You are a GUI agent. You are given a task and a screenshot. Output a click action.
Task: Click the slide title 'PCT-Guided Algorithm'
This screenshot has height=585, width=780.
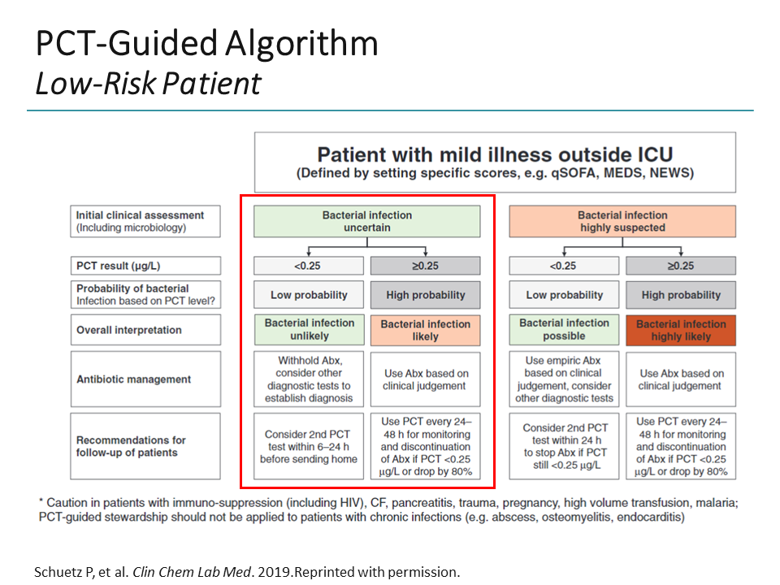[206, 44]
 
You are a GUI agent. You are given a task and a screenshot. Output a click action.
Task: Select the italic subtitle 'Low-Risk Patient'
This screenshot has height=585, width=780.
[147, 83]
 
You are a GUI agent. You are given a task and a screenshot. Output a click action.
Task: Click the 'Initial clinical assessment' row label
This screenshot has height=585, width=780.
[144, 221]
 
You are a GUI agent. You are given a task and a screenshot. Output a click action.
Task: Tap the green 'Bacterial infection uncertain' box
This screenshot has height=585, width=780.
[366, 221]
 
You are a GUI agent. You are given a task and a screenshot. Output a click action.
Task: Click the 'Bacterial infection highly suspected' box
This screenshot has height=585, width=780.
[622, 221]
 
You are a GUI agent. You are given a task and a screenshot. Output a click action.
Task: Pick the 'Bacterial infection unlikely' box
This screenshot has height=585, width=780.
[310, 329]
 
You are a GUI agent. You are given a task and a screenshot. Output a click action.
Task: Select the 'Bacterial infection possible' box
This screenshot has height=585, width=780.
[565, 329]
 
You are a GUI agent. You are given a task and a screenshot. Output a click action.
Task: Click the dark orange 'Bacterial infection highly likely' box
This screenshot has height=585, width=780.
[681, 330]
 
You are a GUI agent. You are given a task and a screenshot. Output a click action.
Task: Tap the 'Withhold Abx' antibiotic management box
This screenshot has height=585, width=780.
[310, 379]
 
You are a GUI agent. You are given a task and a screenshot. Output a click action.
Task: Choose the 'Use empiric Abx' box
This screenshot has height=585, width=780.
[565, 379]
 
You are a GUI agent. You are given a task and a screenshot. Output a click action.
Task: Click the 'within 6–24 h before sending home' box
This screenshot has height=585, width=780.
[310, 446]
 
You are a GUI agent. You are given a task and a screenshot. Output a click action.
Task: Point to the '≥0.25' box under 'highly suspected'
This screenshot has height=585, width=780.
[681, 266]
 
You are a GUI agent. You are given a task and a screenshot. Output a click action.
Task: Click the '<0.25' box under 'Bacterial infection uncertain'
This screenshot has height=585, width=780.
[310, 266]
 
